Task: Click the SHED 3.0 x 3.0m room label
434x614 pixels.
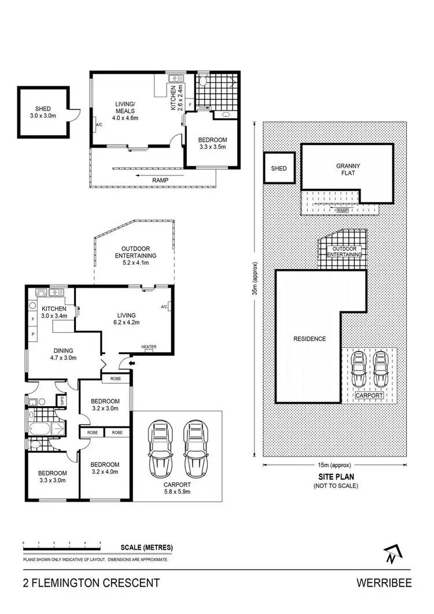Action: click(42, 111)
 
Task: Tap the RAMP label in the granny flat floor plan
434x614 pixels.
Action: click(160, 180)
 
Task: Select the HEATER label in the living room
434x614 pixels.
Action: click(149, 347)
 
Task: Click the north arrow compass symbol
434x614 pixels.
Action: click(392, 554)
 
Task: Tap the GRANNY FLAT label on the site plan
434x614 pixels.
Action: click(348, 170)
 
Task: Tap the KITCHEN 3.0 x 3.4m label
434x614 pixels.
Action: click(53, 312)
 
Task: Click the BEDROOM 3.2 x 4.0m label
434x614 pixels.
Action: click(105, 468)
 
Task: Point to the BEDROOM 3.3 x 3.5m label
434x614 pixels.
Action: click(212, 144)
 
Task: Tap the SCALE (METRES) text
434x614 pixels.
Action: click(146, 547)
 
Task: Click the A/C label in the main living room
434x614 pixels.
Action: click(164, 307)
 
